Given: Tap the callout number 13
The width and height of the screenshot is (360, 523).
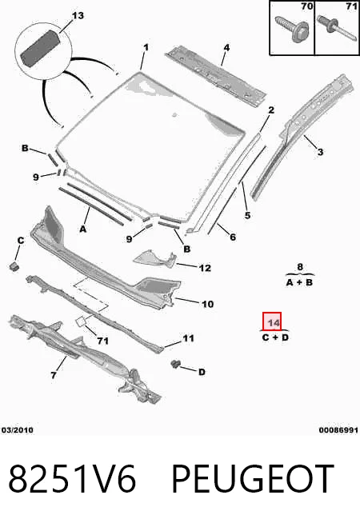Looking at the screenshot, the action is coord(78,15).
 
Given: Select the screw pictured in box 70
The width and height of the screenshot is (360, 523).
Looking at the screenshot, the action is coord(292,30).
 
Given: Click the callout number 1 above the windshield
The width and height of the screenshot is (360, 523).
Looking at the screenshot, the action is coord(146,47).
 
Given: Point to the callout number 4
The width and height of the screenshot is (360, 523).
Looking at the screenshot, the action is coord(226,47).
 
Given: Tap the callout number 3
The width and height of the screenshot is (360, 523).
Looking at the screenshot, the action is coord(320,152).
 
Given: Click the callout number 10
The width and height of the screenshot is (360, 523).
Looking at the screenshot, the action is coord(207,304).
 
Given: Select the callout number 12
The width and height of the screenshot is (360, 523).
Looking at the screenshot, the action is coord(205,268).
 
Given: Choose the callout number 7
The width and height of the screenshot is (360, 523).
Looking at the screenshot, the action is coord(54,375).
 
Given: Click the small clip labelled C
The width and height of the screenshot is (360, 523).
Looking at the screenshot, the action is coord(14,266).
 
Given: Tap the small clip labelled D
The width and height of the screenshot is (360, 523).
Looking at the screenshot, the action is coord(175,365).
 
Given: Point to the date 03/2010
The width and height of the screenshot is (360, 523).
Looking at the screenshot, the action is coord(18,430).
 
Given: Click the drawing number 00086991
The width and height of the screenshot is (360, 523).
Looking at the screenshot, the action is coord(338,430).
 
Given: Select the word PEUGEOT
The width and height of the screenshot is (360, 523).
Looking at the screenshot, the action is coord(253,479).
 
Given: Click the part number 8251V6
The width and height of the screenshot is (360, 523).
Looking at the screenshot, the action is coord(72,479).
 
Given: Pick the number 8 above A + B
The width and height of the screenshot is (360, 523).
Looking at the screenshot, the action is coord(300,266).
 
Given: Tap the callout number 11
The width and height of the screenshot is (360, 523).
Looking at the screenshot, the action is coord(188,338).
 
